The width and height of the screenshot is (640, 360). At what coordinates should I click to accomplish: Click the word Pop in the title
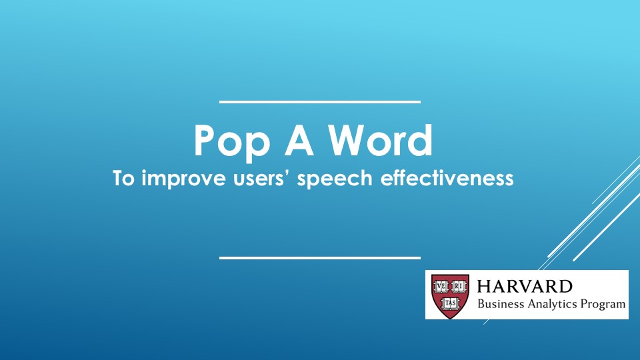point(232,143)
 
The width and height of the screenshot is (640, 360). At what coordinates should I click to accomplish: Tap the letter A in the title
point(299,140)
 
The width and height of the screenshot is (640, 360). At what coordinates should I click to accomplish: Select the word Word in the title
point(381,140)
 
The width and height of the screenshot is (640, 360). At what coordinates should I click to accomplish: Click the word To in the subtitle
point(123,179)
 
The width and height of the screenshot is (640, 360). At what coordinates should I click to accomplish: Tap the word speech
point(335,179)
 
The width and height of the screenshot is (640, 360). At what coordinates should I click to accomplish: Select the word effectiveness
point(447,178)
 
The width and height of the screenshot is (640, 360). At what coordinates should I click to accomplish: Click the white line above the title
point(320,101)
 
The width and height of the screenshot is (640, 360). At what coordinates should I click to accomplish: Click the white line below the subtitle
point(320,258)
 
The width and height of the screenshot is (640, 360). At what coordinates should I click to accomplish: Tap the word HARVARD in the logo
point(525,286)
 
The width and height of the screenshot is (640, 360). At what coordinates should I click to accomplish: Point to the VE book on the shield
point(441,287)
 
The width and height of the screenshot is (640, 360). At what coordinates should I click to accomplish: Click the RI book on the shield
point(459,287)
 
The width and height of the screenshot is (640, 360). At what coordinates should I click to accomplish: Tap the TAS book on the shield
point(450,303)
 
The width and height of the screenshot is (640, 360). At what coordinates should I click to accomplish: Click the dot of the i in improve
point(144,171)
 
